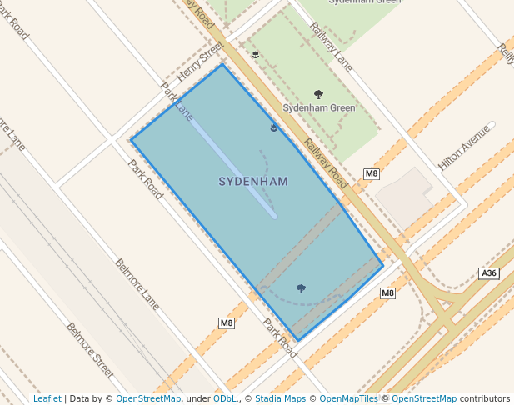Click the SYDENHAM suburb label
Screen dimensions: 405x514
(x=253, y=181)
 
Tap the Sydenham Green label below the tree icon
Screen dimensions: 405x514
(x=319, y=108)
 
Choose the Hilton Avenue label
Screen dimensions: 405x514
(x=465, y=147)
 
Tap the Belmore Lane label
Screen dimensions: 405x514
(x=137, y=282)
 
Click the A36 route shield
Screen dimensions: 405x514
(x=489, y=273)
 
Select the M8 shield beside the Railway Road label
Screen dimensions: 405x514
(x=372, y=173)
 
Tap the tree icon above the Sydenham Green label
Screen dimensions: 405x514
(x=318, y=94)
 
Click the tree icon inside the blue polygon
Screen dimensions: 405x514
(x=301, y=288)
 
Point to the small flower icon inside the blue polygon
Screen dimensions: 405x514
(x=274, y=127)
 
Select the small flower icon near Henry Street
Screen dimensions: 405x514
(x=255, y=55)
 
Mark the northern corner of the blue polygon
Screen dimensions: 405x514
(x=222, y=64)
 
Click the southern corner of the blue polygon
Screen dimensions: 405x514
(x=297, y=341)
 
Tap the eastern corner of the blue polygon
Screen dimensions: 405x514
(x=383, y=266)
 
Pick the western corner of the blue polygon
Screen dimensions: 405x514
(x=131, y=139)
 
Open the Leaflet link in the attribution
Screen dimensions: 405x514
(x=47, y=398)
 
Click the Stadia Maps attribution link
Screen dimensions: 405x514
(x=280, y=398)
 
